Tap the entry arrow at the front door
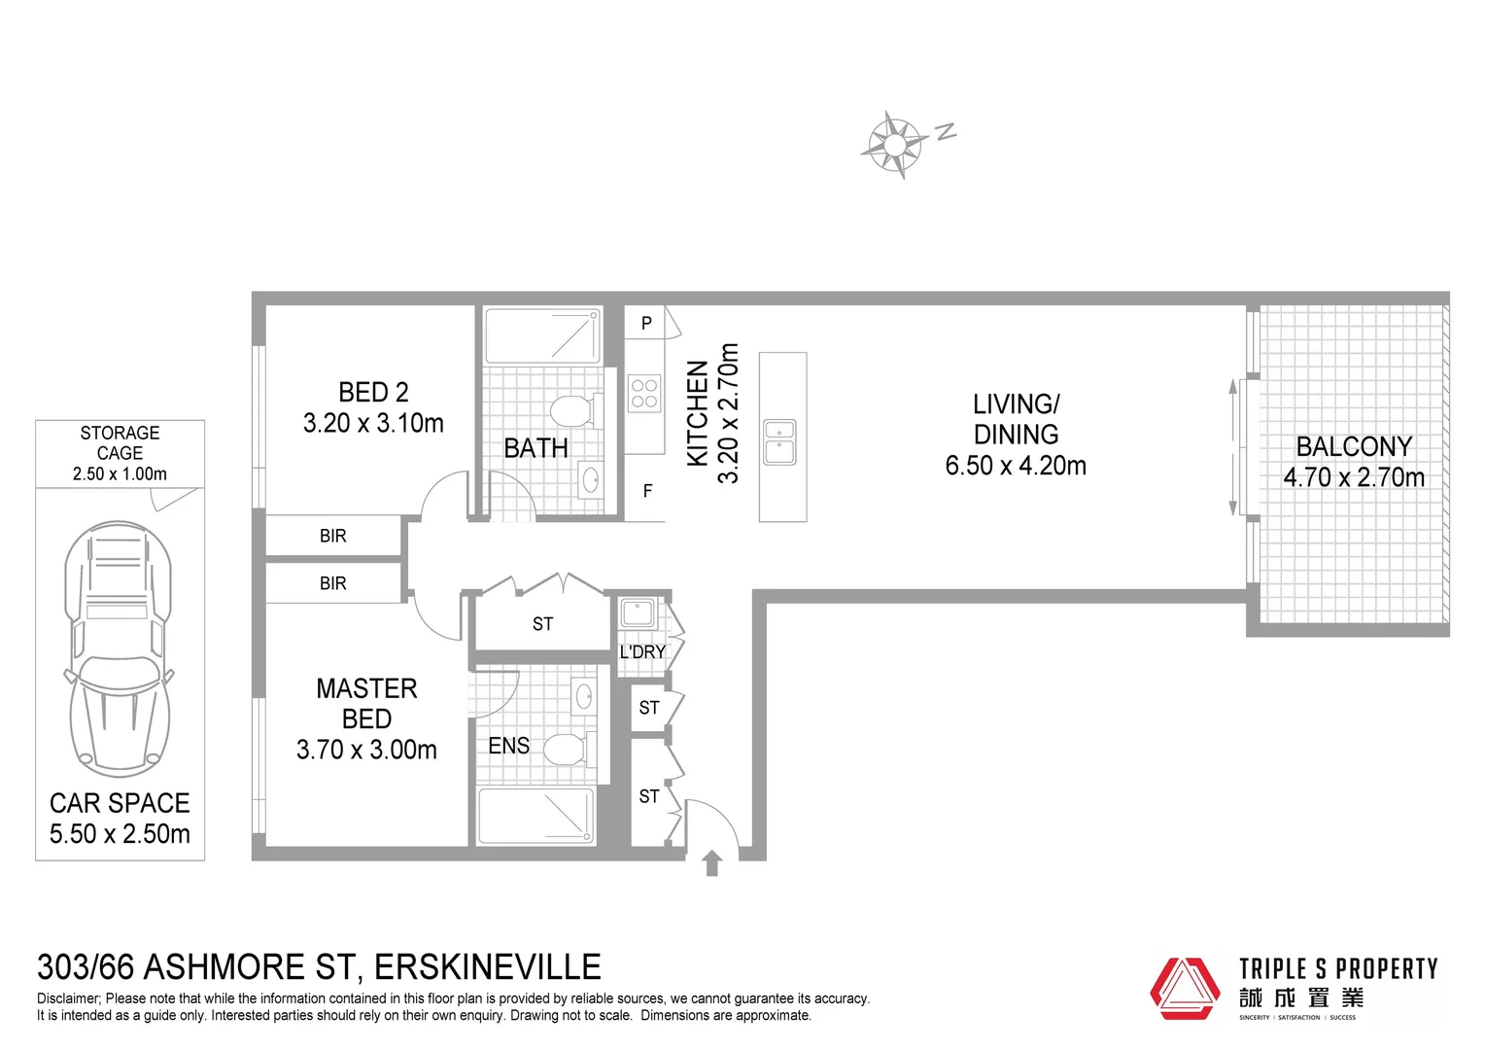[711, 862]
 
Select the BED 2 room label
[373, 392]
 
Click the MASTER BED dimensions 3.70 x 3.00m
[366, 750]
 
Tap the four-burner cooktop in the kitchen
[644, 394]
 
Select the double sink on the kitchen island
[779, 441]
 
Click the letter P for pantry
[646, 324]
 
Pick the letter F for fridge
[647, 492]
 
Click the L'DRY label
[642, 651]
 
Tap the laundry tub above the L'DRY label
[638, 613]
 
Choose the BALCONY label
[1354, 446]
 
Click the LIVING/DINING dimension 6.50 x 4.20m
[1016, 466]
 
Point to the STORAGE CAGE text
[120, 442]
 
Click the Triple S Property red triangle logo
[1185, 988]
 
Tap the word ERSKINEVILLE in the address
[488, 967]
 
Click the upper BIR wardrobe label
[332, 536]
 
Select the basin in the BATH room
[589, 478]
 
